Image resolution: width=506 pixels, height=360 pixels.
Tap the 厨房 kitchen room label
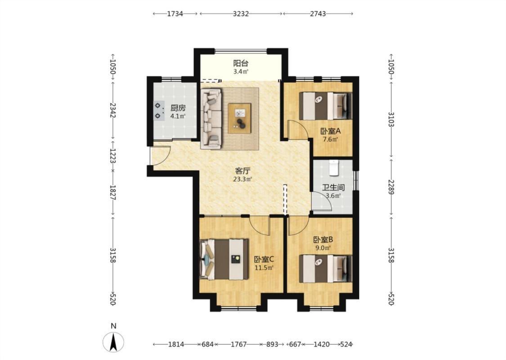pyautogui.click(x=178, y=108)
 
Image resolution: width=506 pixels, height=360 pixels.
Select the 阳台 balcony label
pyautogui.click(x=241, y=63)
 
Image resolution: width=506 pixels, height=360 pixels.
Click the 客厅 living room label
pyautogui.click(x=243, y=171)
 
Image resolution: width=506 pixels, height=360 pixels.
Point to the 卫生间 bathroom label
pyautogui.click(x=333, y=188)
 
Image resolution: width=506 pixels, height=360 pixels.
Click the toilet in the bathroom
pyautogui.click(x=334, y=167)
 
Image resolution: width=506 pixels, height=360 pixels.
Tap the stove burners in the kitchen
pyautogui.click(x=158, y=110)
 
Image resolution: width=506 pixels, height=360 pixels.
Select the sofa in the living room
pyautogui.click(x=211, y=119)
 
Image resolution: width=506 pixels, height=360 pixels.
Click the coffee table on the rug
pyautogui.click(x=239, y=118)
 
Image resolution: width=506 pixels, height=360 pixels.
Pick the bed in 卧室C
pyautogui.click(x=224, y=259)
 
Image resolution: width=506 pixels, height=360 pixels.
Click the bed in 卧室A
pyautogui.click(x=325, y=106)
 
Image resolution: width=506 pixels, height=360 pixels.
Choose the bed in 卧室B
pyautogui.click(x=325, y=269)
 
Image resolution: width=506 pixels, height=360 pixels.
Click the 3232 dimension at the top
pyautogui.click(x=241, y=13)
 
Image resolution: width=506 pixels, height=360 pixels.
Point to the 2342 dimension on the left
pyautogui.click(x=113, y=110)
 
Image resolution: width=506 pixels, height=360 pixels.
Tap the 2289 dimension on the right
pyautogui.click(x=391, y=187)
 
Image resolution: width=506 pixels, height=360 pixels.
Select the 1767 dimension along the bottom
pyautogui.click(x=239, y=344)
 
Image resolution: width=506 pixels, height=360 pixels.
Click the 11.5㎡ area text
pyautogui.click(x=264, y=268)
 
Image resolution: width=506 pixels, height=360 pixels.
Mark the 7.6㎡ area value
pyautogui.click(x=331, y=139)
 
